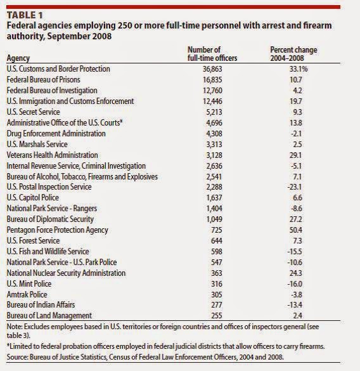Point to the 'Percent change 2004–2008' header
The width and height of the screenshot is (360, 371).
293,53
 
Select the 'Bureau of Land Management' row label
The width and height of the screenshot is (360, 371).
48,315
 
